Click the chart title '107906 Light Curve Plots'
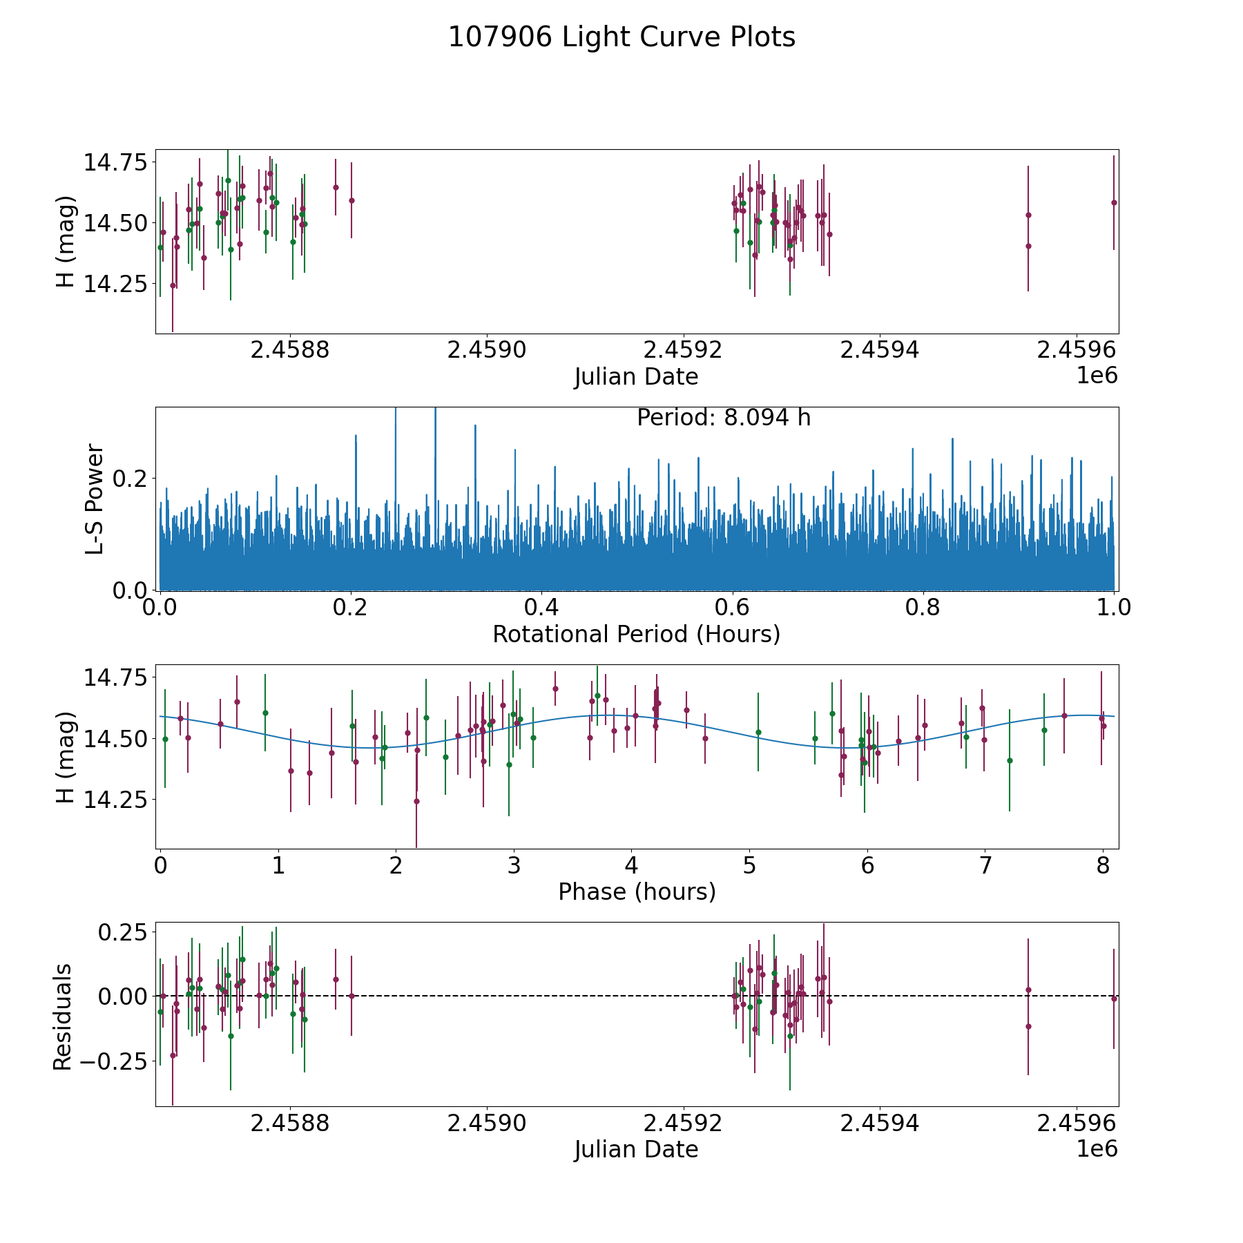click(621, 37)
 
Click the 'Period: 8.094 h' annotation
click(724, 418)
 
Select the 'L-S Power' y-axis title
click(95, 499)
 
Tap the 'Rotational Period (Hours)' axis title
click(636, 634)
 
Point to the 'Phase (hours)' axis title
click(637, 892)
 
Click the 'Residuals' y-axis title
click(63, 1016)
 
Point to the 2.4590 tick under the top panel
click(487, 350)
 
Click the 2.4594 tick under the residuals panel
click(880, 1123)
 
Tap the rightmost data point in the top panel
click(1114, 202)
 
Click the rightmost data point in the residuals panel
click(1114, 999)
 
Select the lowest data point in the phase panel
click(416, 801)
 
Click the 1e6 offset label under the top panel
click(1097, 376)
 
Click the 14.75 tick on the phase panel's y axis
click(115, 678)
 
